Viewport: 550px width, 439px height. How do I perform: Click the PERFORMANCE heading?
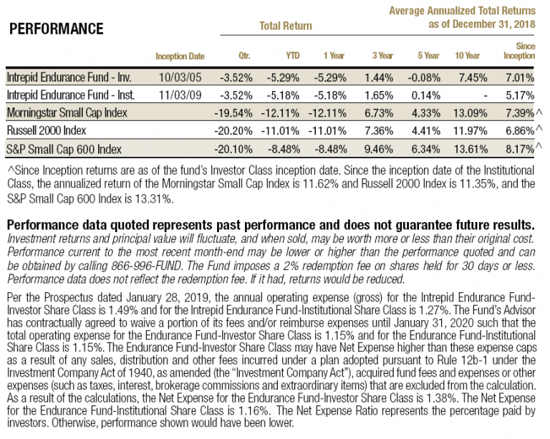[x=57, y=29]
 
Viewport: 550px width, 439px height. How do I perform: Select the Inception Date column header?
[x=180, y=56]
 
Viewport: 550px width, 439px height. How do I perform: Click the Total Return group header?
[x=285, y=26]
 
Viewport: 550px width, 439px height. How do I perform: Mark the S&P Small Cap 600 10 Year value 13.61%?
[x=469, y=150]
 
